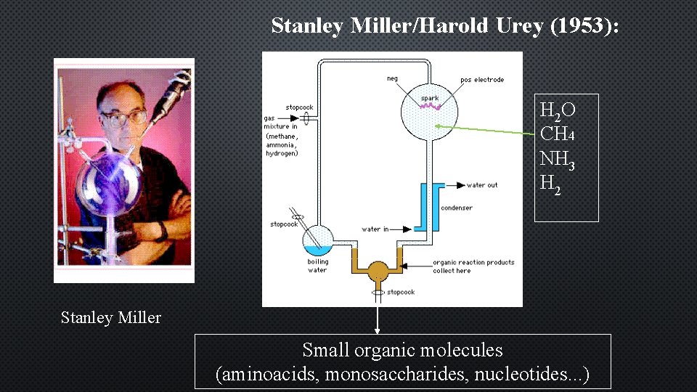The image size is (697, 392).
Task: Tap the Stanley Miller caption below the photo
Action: pos(111,317)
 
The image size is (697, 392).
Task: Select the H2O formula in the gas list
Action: pos(558,110)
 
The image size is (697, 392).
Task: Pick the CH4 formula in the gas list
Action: pos(558,134)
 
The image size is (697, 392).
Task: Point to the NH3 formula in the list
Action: pos(558,159)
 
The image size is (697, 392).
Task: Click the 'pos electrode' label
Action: pos(481,79)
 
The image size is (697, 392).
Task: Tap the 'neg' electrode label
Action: pos(392,78)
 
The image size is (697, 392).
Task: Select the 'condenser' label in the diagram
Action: pos(456,208)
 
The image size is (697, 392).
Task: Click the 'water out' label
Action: pos(481,185)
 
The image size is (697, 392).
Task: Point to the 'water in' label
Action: pos(375,229)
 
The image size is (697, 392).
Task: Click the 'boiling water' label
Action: pos(317,266)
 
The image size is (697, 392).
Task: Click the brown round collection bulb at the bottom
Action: pos(378,271)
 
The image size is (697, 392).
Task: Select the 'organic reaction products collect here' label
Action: pos(473,266)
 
